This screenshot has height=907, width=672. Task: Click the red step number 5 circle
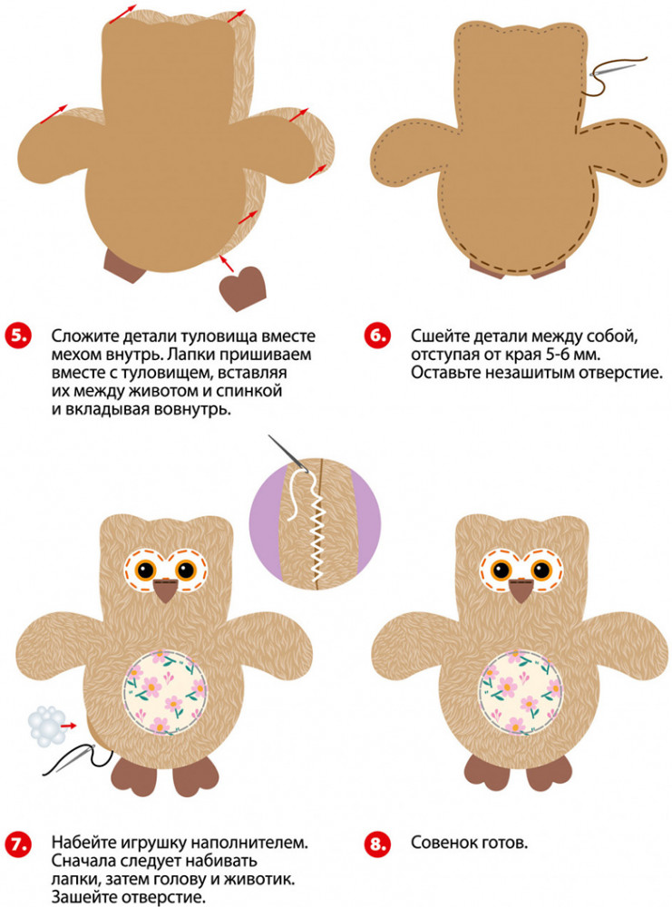coord(18,336)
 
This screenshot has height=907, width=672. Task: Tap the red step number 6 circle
coord(377,336)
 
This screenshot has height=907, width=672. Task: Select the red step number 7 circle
coord(18,844)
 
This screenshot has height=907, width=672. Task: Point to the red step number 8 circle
coord(377,844)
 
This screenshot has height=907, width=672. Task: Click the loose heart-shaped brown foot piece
coord(242,288)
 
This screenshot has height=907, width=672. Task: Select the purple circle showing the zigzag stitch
coord(316,524)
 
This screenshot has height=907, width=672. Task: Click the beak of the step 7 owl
coord(166,590)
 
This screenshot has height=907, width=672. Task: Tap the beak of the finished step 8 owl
coord(521,590)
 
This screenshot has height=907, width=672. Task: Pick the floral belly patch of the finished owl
coord(521,692)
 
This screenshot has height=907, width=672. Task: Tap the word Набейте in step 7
coord(84,843)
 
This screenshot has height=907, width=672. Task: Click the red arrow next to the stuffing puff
coord(70,724)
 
